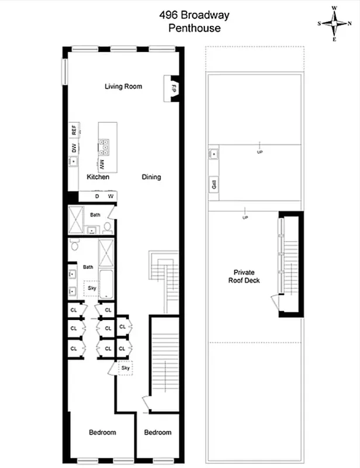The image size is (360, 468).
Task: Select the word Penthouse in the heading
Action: point(186,28)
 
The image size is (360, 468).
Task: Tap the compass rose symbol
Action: point(335,24)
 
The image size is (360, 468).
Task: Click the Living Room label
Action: point(123,87)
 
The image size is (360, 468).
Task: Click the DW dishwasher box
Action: point(74,149)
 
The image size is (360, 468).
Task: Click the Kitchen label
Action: point(98,177)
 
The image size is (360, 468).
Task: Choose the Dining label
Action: point(151,177)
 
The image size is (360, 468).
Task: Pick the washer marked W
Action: point(109,197)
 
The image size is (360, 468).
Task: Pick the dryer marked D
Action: point(97,197)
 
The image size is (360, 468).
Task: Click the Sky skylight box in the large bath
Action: point(91,288)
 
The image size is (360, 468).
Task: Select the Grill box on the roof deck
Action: point(214,186)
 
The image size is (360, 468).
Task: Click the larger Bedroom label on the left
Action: point(102,432)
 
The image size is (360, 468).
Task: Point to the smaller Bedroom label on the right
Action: point(158,432)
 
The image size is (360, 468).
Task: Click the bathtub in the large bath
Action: point(106,284)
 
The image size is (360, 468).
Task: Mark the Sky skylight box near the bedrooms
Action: point(125,368)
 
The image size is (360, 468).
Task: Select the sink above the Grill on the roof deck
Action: point(214,154)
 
